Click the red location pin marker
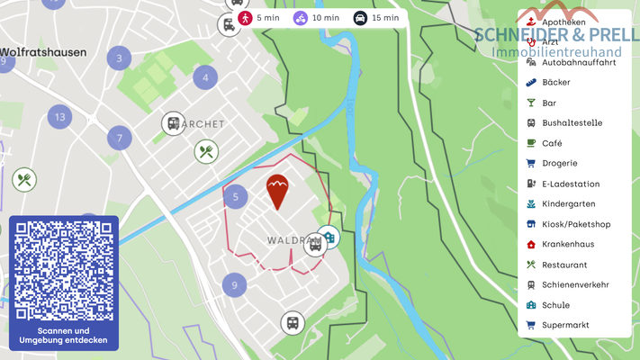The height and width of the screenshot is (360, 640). click(x=276, y=190)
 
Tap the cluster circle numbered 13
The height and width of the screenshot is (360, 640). click(x=60, y=116)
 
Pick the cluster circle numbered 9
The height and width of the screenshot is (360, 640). click(x=234, y=284)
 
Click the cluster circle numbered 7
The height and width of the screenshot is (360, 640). click(x=119, y=139)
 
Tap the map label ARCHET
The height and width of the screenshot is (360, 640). click(x=203, y=123)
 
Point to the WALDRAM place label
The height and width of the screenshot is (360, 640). click(x=287, y=240)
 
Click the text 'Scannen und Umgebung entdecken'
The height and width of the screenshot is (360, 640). click(x=63, y=336)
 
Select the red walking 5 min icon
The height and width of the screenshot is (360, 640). click(x=245, y=17)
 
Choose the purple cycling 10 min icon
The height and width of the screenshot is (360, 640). click(x=301, y=17)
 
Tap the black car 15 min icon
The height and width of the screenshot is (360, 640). click(x=360, y=17)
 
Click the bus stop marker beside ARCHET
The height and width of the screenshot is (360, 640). click(x=172, y=123)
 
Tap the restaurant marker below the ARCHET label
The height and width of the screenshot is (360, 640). click(x=206, y=151)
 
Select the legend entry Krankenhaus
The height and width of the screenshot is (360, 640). click(x=567, y=244)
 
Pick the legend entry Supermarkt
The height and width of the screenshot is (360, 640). click(x=564, y=325)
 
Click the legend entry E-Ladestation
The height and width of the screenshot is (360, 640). click(x=570, y=184)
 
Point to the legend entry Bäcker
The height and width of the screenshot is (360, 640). click(x=557, y=82)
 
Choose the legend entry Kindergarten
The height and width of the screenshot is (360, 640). click(x=568, y=203)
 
